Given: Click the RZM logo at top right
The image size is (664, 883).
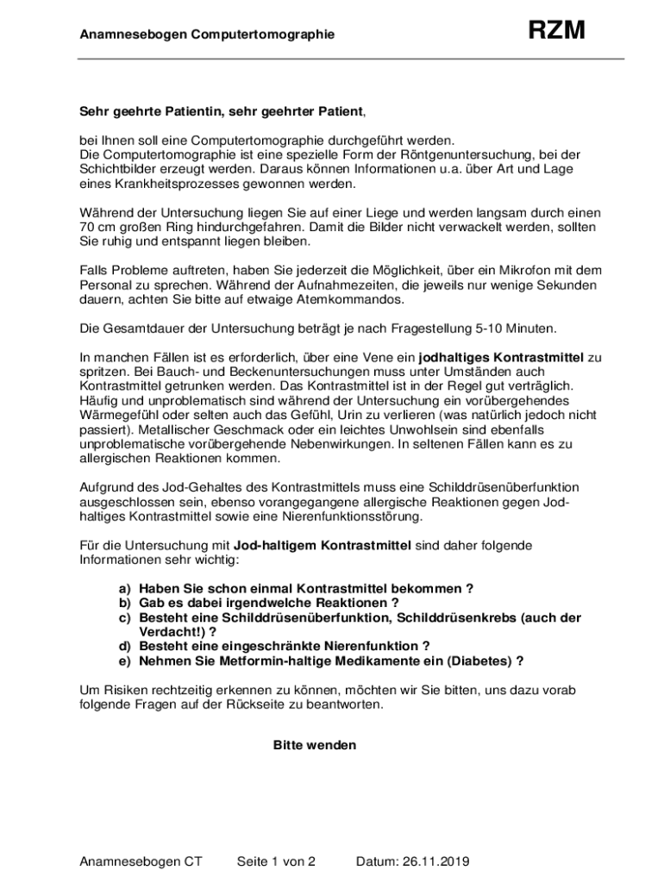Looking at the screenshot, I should [x=556, y=31].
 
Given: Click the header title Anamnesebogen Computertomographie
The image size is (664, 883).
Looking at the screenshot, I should [x=207, y=34].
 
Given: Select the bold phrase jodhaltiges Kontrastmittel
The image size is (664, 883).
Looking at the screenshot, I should [x=501, y=357].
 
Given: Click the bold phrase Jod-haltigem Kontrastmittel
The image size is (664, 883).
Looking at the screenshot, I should [x=323, y=545].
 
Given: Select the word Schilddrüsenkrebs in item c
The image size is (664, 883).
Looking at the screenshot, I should [x=456, y=617].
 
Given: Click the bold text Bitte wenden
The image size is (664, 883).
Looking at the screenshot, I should [x=315, y=745].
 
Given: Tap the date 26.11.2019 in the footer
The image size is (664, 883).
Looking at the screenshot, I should [x=435, y=861].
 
